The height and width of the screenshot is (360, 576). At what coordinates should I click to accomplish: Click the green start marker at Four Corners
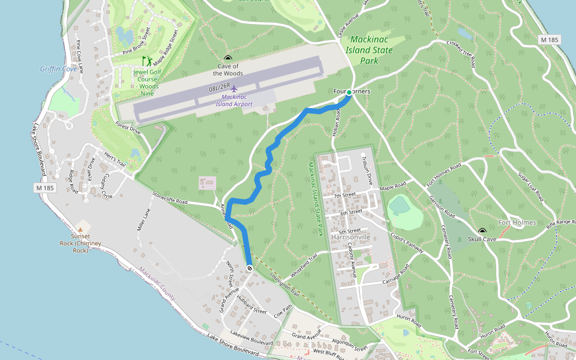click(349, 92)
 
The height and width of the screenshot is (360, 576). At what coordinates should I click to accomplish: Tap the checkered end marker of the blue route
click(249, 268)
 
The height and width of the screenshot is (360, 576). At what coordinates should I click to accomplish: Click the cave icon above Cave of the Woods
click(227, 59)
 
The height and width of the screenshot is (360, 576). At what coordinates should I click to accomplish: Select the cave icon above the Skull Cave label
click(482, 231)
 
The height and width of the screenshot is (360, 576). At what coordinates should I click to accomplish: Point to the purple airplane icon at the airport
click(234, 89)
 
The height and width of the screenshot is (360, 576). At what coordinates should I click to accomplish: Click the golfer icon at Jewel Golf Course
click(146, 61)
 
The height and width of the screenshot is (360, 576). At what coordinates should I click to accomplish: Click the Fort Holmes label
click(512, 223)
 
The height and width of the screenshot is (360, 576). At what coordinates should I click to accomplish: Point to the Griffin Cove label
click(58, 69)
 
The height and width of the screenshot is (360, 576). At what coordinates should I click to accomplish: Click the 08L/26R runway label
click(220, 88)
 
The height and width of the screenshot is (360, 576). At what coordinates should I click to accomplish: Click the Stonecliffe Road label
click(170, 199)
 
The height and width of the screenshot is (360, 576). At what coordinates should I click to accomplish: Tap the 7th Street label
click(345, 195)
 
